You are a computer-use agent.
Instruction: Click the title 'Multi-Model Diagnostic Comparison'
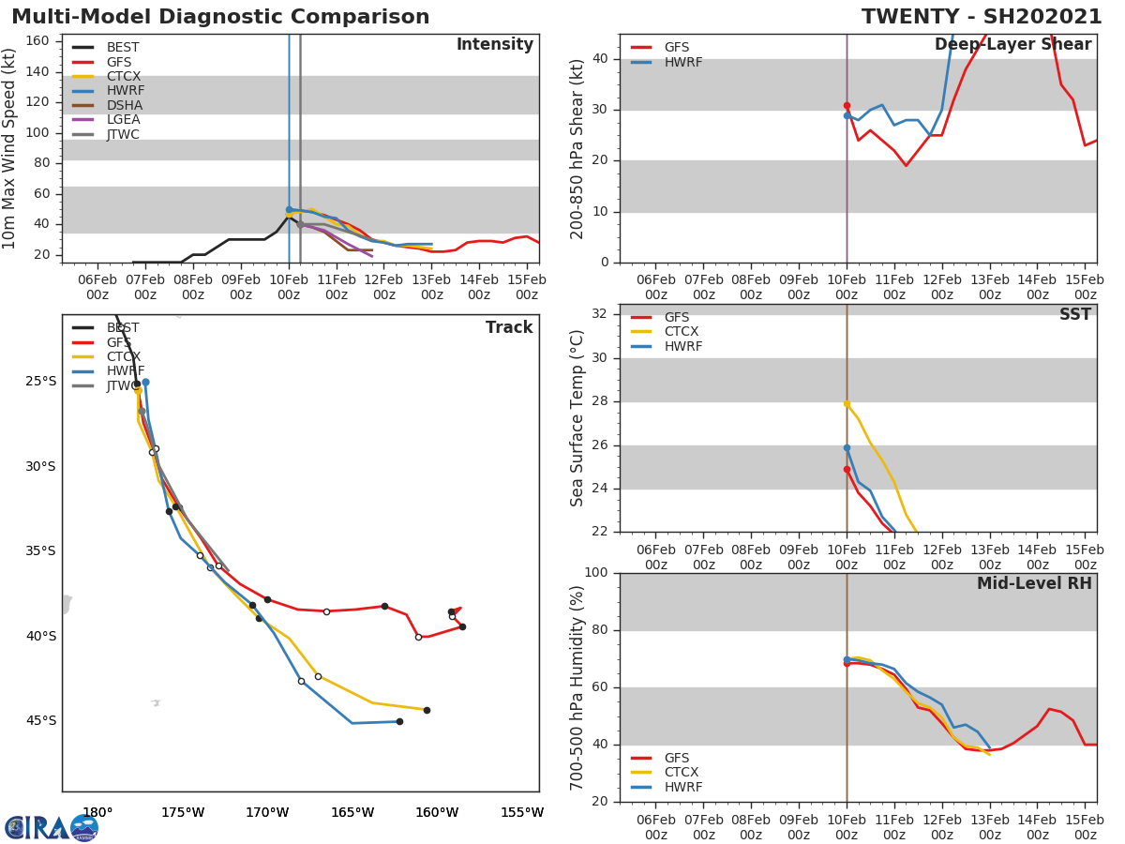[220, 17]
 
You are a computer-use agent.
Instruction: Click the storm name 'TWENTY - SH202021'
[982, 17]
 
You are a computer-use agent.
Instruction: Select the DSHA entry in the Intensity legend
[124, 105]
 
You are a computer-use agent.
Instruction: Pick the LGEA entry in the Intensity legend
[124, 120]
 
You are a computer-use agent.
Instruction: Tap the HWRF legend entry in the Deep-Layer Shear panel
[682, 63]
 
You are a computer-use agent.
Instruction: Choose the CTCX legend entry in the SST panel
[681, 332]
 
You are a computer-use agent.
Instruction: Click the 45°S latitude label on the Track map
[40, 721]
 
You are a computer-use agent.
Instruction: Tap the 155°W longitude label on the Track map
[521, 812]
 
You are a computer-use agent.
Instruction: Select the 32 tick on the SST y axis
[598, 314]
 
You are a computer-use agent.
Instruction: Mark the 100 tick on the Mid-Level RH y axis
[593, 573]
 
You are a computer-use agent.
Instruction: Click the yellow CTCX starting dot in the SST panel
[847, 403]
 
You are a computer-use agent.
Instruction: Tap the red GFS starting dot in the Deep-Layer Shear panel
[847, 106]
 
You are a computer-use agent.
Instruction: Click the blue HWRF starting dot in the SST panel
[847, 448]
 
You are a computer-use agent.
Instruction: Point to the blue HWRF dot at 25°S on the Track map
[145, 383]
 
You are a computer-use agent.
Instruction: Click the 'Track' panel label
[508, 328]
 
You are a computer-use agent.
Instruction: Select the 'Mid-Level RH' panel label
[1033, 584]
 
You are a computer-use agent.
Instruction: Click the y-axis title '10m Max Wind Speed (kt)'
[10, 148]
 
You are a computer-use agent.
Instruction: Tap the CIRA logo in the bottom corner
[52, 827]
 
